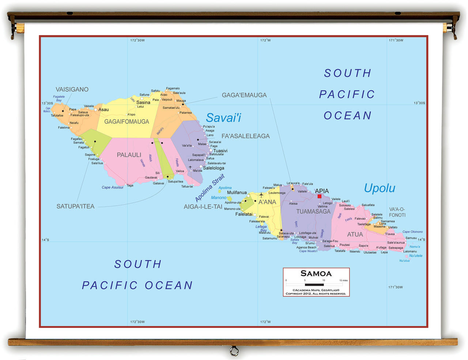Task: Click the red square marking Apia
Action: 319,196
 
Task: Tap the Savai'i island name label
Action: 223,118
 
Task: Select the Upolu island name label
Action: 380,188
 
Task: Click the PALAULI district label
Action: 129,155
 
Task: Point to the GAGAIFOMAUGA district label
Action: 127,122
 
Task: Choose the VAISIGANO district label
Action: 72,90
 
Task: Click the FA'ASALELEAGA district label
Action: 245,136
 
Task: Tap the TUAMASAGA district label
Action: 313,211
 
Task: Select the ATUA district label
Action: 355,235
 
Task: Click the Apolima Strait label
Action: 210,188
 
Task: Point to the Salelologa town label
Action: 214,168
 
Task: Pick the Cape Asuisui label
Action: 112,187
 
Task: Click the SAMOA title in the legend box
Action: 316,274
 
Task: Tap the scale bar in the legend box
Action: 314,284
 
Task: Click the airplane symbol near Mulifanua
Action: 261,195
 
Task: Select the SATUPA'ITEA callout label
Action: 75,207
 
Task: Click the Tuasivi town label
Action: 220,151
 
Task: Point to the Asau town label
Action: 103,110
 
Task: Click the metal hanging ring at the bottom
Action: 234,352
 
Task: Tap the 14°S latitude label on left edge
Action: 45,240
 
